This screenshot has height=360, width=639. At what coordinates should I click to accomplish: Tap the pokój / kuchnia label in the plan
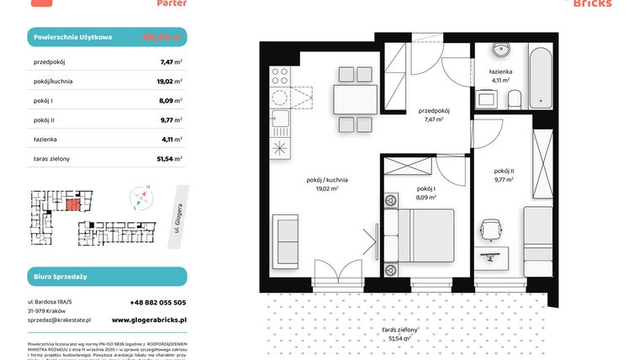(x=327, y=180)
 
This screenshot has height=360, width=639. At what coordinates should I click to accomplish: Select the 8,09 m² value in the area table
(x=172, y=100)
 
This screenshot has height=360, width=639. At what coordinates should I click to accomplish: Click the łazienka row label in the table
(x=45, y=139)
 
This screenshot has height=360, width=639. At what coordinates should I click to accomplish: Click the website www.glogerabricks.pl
(x=149, y=320)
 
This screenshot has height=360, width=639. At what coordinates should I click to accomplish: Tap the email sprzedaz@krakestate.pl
(x=59, y=320)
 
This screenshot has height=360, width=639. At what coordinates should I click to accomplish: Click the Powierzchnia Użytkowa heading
(x=72, y=38)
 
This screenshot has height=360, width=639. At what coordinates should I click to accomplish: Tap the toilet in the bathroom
(x=515, y=99)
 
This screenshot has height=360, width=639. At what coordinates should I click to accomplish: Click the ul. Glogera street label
(x=174, y=225)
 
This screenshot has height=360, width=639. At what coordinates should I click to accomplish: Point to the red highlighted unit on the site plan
(x=76, y=202)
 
